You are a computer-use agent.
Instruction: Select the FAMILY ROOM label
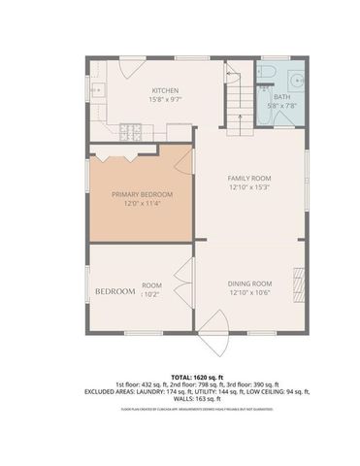point(248,179)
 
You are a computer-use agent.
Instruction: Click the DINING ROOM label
point(248,283)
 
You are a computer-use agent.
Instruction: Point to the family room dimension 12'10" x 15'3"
point(248,189)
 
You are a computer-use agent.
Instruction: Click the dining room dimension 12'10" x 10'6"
point(248,292)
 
